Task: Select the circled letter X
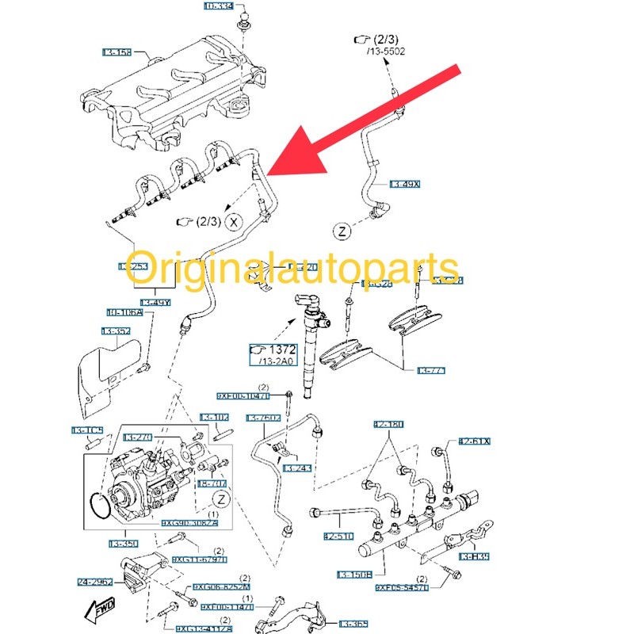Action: (x=234, y=222)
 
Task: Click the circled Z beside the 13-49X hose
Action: (x=341, y=231)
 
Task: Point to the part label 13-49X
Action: (x=405, y=185)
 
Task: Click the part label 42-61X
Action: (x=474, y=441)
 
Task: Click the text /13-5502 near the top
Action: (x=385, y=52)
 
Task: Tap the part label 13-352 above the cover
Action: (x=116, y=331)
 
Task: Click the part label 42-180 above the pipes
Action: (x=388, y=425)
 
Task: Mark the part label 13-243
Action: (x=299, y=469)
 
